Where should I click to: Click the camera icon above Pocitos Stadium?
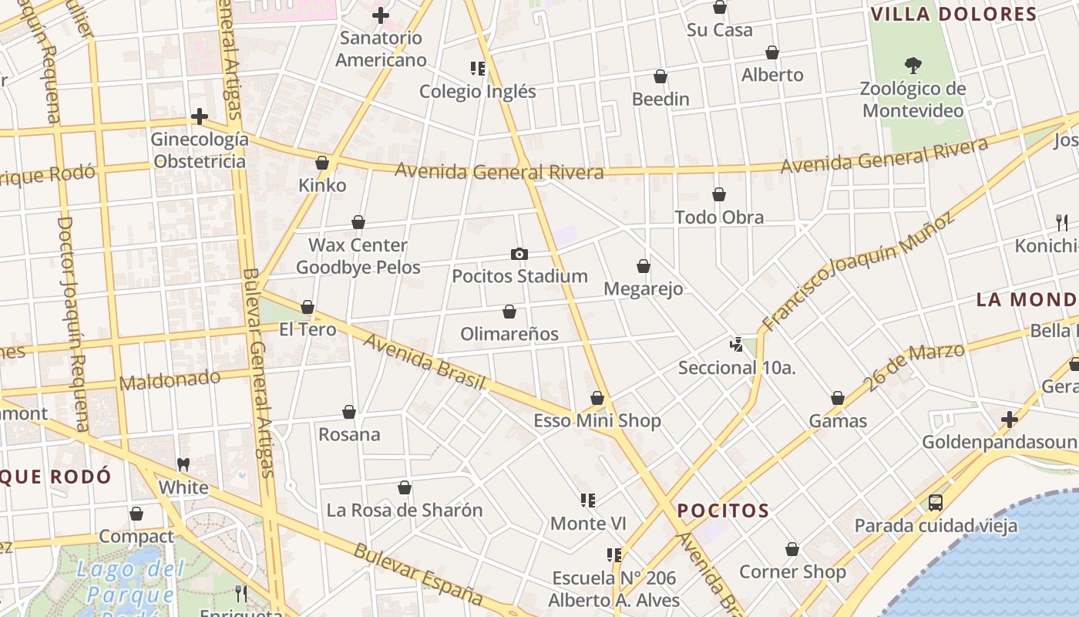(519, 254)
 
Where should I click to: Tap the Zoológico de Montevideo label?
(913, 99)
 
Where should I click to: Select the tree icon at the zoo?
(913, 65)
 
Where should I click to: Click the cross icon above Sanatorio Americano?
(380, 15)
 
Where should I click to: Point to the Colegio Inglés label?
(477, 91)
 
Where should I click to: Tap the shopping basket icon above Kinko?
(322, 163)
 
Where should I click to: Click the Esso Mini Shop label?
(597, 421)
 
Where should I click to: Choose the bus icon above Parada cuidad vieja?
(936, 503)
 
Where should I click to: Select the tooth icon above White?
(183, 464)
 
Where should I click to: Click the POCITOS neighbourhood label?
(723, 511)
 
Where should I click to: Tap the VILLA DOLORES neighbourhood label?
(953, 15)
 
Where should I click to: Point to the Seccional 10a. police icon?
(737, 344)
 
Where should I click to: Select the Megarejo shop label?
(644, 289)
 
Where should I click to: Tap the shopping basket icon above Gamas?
(838, 398)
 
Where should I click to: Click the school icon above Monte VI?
(588, 501)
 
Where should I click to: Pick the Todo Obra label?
(719, 217)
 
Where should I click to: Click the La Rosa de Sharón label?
(405, 510)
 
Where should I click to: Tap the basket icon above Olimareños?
(509, 312)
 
